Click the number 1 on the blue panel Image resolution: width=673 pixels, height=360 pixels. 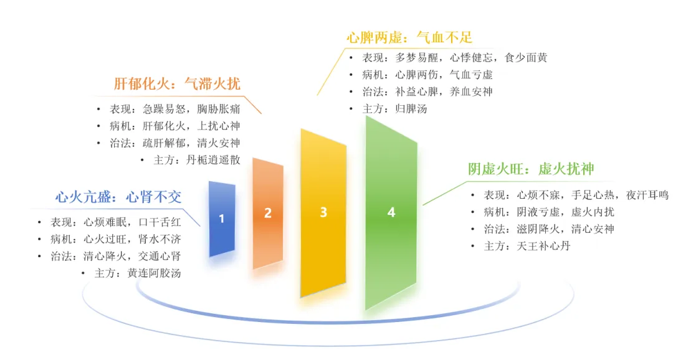pyautogui.click(x=221, y=219)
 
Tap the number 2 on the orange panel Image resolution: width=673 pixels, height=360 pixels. pyautogui.click(x=268, y=213)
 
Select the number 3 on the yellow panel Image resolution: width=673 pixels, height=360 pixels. pyautogui.click(x=323, y=212)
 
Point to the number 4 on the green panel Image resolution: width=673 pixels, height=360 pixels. pyautogui.click(x=391, y=212)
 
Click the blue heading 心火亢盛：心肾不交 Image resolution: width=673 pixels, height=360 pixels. pyautogui.click(x=118, y=197)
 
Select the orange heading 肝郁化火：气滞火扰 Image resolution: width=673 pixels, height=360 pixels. pyautogui.click(x=177, y=83)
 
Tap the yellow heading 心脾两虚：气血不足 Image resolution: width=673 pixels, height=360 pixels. pyautogui.click(x=409, y=38)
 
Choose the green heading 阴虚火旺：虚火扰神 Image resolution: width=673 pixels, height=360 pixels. pyautogui.click(x=531, y=169)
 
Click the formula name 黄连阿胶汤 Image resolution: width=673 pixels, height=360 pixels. pyautogui.click(x=154, y=273)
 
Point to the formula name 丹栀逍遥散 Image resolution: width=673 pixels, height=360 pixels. pyautogui.click(x=213, y=160)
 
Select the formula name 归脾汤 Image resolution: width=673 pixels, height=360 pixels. pyautogui.click(x=411, y=109)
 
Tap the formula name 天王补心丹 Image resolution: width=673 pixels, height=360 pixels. pyautogui.click(x=544, y=246)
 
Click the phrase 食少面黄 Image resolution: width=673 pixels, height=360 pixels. pyautogui.click(x=526, y=58)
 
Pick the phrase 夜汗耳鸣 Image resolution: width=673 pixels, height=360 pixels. pyautogui.click(x=647, y=195)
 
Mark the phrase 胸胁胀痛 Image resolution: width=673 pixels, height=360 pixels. pyautogui.click(x=219, y=109)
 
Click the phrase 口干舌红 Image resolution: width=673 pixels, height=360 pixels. pyautogui.click(x=160, y=222)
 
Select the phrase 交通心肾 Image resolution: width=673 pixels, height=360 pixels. pyautogui.click(x=160, y=256)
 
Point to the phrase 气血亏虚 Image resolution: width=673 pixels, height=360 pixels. pyautogui.click(x=471, y=75)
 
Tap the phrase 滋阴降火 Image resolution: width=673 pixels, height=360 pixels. pyautogui.click(x=538, y=229)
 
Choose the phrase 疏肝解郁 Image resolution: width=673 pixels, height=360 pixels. pyautogui.click(x=164, y=143)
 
